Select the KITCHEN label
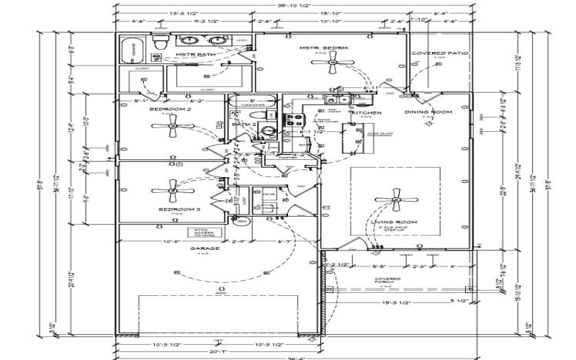pyautogui.click(x=366, y=113)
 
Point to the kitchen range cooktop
pyautogui.click(x=294, y=121)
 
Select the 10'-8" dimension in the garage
pyautogui.click(x=171, y=240)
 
